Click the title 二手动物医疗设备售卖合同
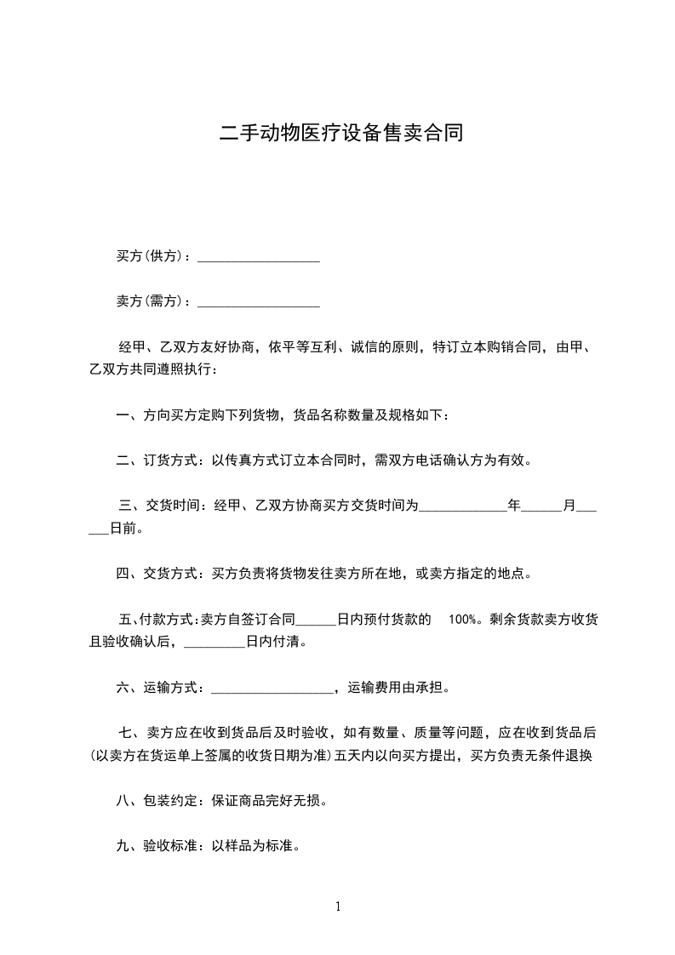(341, 134)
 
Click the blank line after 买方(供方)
(259, 257)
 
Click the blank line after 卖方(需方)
(259, 301)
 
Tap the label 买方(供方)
(152, 256)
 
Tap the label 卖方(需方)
(152, 300)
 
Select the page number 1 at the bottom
(338, 906)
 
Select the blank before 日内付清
(214, 643)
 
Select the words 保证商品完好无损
(269, 801)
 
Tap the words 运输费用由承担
(399, 688)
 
